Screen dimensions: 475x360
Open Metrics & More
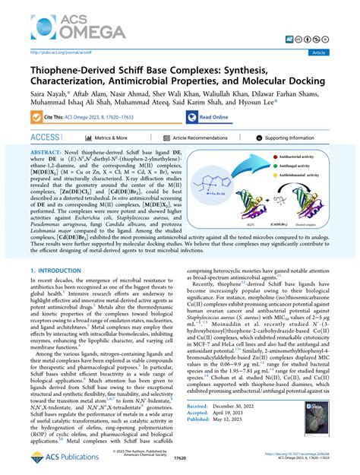pos(106,138)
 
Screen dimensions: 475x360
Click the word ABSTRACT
pos(51,153)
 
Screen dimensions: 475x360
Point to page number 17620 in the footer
pos(180,461)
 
